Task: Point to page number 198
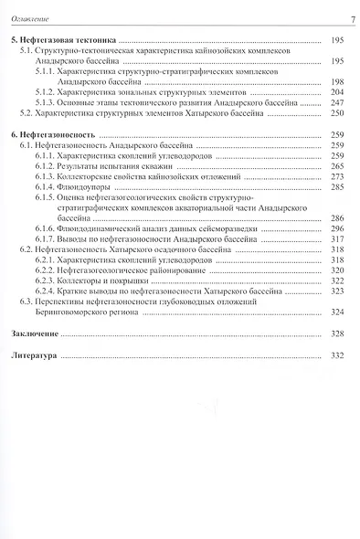pyautogui.click(x=336, y=81)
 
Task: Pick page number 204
pyautogui.click(x=336, y=92)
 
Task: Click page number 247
pyautogui.click(x=336, y=103)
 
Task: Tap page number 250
pyautogui.click(x=336, y=114)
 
